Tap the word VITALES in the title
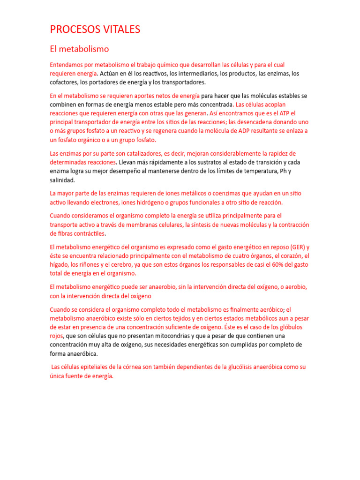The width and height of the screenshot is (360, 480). tap(120, 30)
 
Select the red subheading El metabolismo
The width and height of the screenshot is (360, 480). tap(79, 49)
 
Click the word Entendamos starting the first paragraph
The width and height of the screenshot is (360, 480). tap(68, 65)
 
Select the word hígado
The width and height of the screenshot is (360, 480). tap(60, 265)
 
